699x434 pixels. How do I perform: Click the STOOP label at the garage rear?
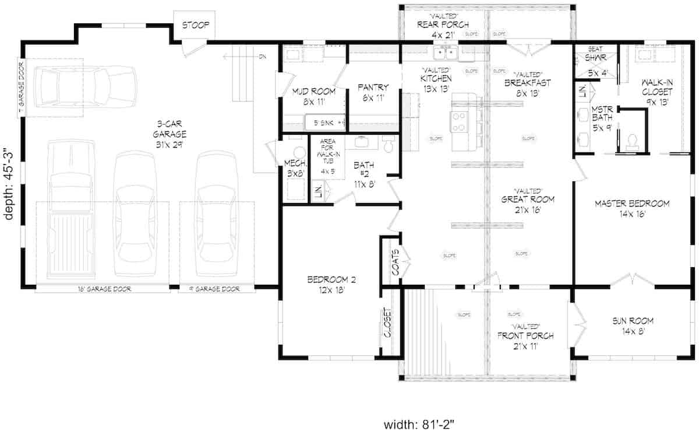[x=195, y=26]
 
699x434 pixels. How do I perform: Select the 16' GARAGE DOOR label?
[x=105, y=289]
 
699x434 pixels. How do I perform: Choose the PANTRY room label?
[x=373, y=92]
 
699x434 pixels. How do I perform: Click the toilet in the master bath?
[x=633, y=141]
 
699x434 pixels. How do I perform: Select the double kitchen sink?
[x=447, y=55]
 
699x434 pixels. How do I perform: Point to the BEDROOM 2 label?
[x=331, y=285]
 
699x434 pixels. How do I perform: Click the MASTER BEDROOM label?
[x=631, y=208]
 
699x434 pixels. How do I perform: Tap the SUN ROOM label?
[x=633, y=325]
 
